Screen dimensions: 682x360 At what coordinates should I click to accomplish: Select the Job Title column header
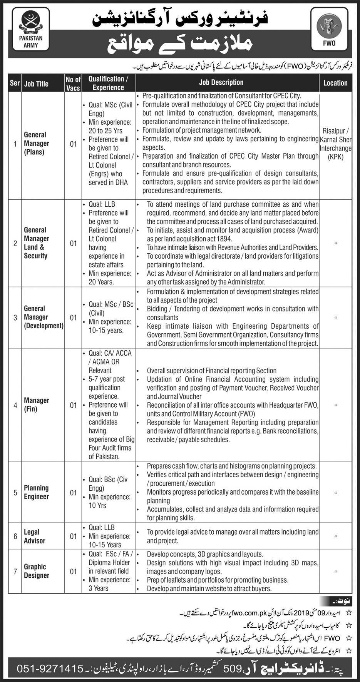coord(36,84)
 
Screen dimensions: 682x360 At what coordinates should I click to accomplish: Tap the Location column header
coord(335,83)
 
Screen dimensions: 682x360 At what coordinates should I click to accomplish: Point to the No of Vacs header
coord(73,84)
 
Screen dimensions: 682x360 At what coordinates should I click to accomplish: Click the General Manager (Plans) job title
coord(37,143)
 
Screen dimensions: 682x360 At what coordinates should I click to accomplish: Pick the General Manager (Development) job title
coord(44,317)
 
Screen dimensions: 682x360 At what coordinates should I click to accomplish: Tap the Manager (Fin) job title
coord(37,405)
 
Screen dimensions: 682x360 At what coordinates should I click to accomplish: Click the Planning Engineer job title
coord(36,492)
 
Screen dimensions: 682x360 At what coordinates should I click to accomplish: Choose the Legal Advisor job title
coord(35,536)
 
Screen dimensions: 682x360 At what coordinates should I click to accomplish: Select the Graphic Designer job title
coord(37,571)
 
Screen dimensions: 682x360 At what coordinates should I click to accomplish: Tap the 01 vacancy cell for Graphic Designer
coord(73,572)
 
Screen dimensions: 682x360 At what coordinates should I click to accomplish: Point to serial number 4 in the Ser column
coord(15,405)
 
